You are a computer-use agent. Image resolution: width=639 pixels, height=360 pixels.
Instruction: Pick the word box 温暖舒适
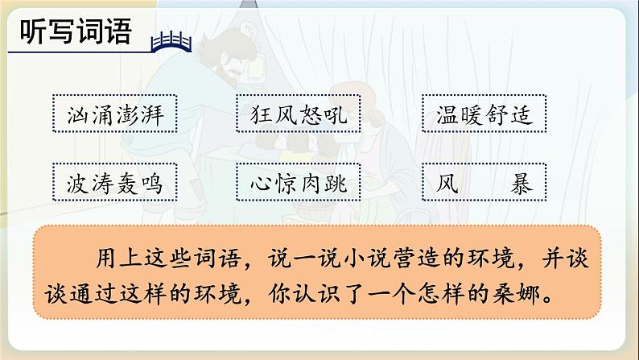tap(484, 117)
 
